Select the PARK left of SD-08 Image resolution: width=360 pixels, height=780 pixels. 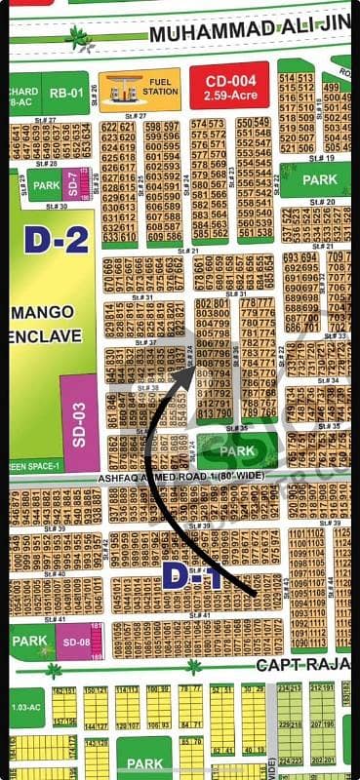point(32,642)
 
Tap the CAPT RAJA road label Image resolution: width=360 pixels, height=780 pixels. point(302,665)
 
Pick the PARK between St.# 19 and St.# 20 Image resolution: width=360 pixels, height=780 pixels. point(319,180)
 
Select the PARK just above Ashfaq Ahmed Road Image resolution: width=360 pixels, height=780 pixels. point(239,451)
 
